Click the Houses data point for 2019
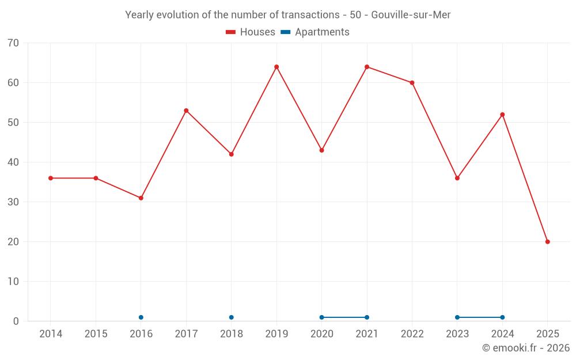pyautogui.click(x=276, y=67)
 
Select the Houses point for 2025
pyautogui.click(x=547, y=242)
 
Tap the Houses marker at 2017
pyautogui.click(x=186, y=111)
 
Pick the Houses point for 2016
pyautogui.click(x=141, y=198)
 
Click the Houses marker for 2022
pyautogui.click(x=412, y=83)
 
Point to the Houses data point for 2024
pyautogui.click(x=502, y=115)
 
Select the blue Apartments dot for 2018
pyautogui.click(x=232, y=317)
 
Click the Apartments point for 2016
pyautogui.click(x=141, y=317)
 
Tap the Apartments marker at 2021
pyautogui.click(x=367, y=317)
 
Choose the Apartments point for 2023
pyautogui.click(x=457, y=317)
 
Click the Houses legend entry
pyautogui.click(x=251, y=32)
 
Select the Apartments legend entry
pyautogui.click(x=315, y=32)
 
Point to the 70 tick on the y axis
pyautogui.click(x=13, y=43)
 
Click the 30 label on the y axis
pyautogui.click(x=13, y=202)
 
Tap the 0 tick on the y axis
pyautogui.click(x=16, y=321)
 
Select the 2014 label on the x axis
pyautogui.click(x=51, y=334)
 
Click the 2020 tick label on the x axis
pyautogui.click(x=322, y=334)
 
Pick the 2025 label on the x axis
pyautogui.click(x=547, y=334)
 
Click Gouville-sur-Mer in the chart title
pyautogui.click(x=411, y=15)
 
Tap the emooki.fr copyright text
pyautogui.click(x=525, y=348)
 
